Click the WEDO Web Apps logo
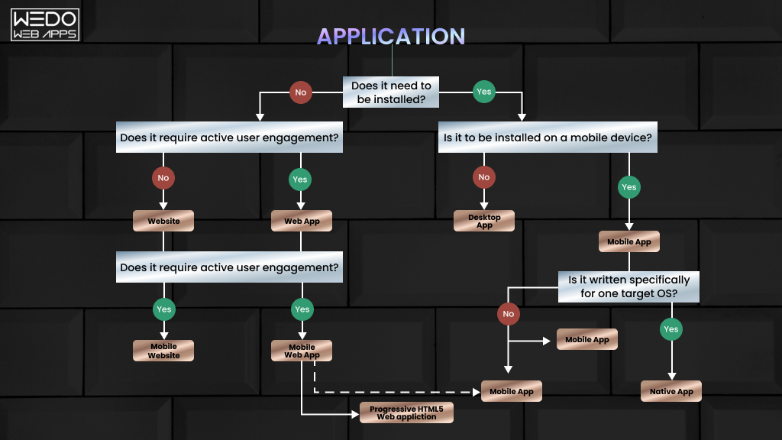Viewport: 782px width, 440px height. click(45, 24)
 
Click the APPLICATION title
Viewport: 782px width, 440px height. click(391, 36)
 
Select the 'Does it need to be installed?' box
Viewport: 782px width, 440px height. click(391, 92)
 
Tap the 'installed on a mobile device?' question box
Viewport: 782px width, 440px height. click(548, 138)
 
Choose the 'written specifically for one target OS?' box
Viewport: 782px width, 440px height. click(629, 286)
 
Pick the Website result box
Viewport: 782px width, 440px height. click(163, 221)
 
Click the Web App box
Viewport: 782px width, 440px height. click(302, 221)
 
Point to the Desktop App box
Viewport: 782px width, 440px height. click(484, 221)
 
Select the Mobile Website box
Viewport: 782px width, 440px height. click(163, 351)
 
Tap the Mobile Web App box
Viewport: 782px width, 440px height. click(302, 351)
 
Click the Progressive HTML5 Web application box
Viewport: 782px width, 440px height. click(406, 412)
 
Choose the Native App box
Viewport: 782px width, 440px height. click(671, 391)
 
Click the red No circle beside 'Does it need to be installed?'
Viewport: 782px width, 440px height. click(300, 92)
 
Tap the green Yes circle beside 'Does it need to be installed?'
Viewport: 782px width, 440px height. click(483, 92)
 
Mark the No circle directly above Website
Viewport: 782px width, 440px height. click(163, 178)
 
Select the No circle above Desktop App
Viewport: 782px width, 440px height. click(483, 177)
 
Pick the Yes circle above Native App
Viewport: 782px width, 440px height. click(671, 329)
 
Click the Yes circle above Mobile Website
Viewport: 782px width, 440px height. click(163, 309)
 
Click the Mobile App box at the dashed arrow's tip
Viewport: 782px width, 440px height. click(512, 391)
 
